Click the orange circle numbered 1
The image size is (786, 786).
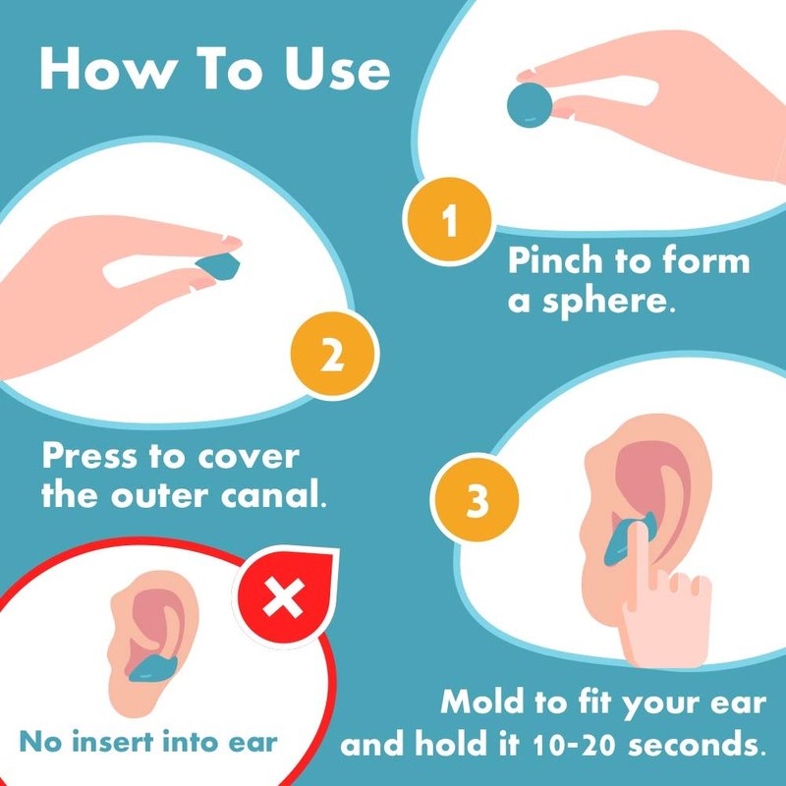(x=449, y=220)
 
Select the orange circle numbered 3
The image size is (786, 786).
(x=475, y=498)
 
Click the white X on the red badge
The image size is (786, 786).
(x=283, y=597)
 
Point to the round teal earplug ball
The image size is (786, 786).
(x=530, y=105)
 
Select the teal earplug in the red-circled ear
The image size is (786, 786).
(x=153, y=669)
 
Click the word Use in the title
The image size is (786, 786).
(x=337, y=69)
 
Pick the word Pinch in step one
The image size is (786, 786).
(x=555, y=260)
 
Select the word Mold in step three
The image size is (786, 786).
(x=481, y=702)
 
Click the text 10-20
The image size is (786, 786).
(x=573, y=746)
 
